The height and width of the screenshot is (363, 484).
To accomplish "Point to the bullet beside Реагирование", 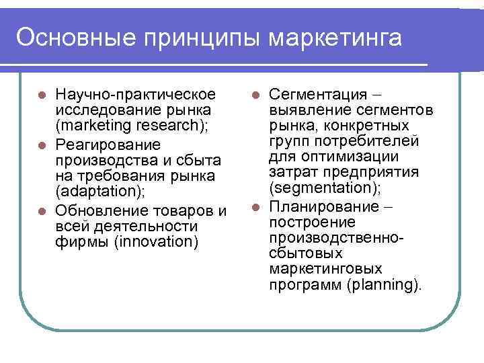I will click(42, 145).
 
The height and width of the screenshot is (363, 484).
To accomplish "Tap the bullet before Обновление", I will click(42, 210).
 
